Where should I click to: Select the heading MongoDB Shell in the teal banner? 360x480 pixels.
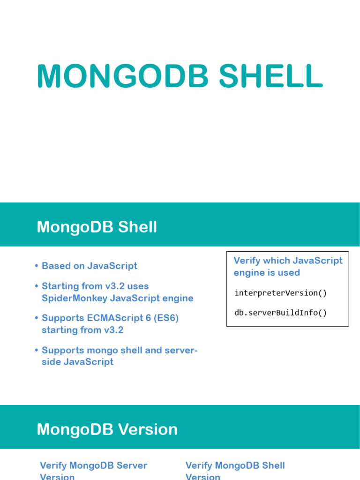(x=97, y=227)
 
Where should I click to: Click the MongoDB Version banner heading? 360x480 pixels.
(x=107, y=429)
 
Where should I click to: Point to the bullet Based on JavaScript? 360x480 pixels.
(x=90, y=266)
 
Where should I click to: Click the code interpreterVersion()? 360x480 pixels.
(x=281, y=293)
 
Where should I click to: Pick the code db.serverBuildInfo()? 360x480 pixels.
(x=281, y=312)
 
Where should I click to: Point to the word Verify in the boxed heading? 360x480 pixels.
(x=247, y=261)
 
